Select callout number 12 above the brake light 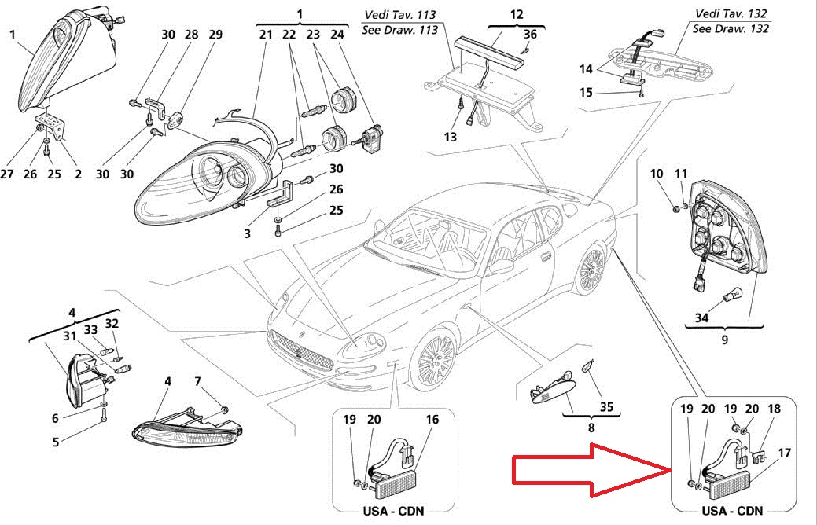[x=516, y=14]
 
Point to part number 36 [x=531, y=34]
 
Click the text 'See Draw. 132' [x=731, y=29]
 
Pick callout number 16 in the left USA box [x=432, y=420]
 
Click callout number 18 [x=775, y=409]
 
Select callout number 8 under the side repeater [x=591, y=428]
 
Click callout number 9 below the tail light [x=724, y=340]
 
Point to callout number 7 [x=198, y=381]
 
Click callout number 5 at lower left [x=56, y=442]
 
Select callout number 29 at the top [x=215, y=35]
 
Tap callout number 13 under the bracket [x=450, y=137]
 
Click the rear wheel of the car [x=591, y=267]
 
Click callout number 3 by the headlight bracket [x=246, y=233]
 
